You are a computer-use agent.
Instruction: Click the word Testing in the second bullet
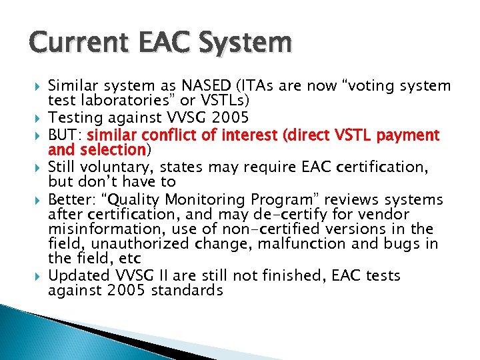pyautogui.click(x=75, y=117)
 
